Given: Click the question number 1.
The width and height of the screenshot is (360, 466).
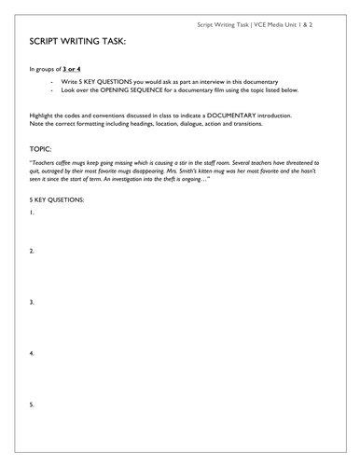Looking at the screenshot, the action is click(x=32, y=212).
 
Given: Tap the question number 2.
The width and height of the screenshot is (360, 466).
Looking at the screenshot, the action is click(x=32, y=252).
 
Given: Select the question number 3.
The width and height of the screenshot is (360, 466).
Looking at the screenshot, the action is click(x=32, y=302).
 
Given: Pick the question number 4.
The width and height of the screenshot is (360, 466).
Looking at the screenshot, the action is click(x=32, y=353).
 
